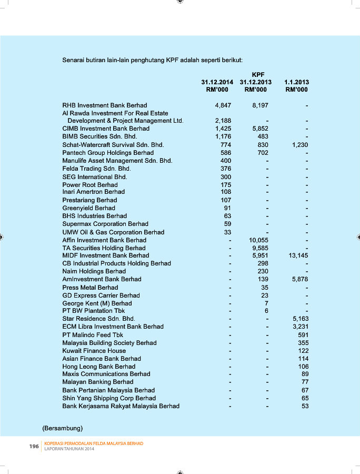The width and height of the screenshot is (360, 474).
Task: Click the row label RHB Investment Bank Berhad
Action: (x=104, y=105)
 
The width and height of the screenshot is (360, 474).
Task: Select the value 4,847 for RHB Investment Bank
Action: (x=223, y=105)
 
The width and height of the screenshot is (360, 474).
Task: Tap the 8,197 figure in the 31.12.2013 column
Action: (x=260, y=105)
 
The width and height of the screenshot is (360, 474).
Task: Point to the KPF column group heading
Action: (x=258, y=75)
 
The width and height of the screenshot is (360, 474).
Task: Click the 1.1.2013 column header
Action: (x=296, y=83)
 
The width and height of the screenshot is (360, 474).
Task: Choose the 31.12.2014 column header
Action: (x=217, y=83)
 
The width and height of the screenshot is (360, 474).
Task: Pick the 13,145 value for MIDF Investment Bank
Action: (x=298, y=255)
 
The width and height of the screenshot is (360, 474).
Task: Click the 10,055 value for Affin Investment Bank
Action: (x=258, y=240)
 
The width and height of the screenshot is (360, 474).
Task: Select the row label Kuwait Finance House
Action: (x=94, y=351)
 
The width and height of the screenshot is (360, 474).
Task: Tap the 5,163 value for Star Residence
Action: (x=300, y=319)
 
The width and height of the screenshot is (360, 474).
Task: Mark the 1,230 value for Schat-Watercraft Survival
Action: (x=300, y=145)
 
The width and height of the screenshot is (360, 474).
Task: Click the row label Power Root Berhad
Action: (x=89, y=185)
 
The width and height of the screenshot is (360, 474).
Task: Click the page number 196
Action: (x=34, y=447)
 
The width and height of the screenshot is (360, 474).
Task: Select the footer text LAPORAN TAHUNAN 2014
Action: (x=69, y=449)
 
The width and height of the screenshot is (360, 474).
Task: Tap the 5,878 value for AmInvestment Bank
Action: (x=300, y=279)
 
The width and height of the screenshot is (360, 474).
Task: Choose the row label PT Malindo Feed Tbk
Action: (x=93, y=334)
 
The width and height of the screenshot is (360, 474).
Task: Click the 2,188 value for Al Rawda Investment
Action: (x=223, y=121)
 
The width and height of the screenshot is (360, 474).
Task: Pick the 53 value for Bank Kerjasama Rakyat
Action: (x=305, y=406)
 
